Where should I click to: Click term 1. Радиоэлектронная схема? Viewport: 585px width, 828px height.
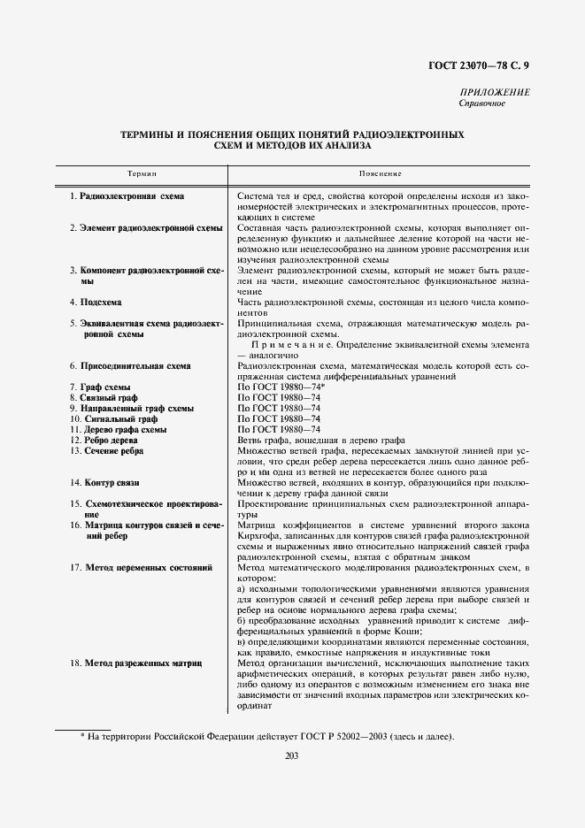(x=127, y=195)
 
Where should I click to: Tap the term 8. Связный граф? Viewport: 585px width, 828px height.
(x=104, y=398)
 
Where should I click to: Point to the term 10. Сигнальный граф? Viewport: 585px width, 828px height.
(x=111, y=418)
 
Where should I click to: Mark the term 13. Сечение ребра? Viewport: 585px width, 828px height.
(x=107, y=450)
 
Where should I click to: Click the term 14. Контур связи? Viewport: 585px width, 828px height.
(x=106, y=482)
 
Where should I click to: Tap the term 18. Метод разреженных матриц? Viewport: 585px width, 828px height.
(x=137, y=663)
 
